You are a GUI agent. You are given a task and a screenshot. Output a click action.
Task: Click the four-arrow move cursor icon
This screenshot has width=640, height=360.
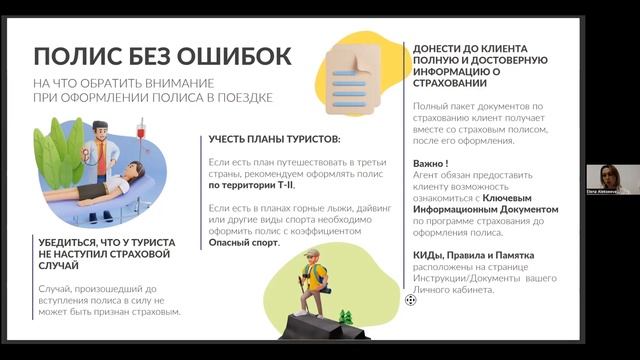click(410, 298)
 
